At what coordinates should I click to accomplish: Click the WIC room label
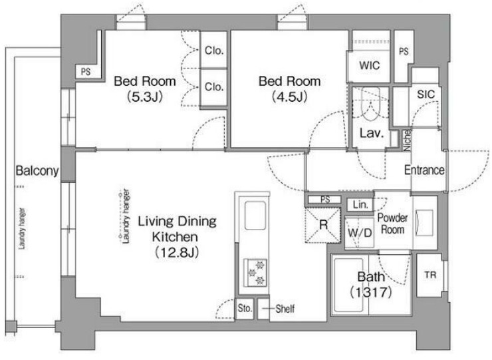[369, 65]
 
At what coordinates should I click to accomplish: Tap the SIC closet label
[426, 94]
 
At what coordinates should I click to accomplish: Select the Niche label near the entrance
[407, 140]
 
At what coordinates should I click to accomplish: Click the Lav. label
[372, 133]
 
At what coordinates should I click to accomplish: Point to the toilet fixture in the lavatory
[370, 106]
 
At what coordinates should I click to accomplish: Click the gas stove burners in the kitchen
[255, 272]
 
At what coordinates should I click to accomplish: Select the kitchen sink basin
[255, 216]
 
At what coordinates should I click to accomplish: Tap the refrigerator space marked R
[323, 225]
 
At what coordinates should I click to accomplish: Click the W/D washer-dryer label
[360, 233]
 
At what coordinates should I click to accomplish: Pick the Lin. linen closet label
[360, 205]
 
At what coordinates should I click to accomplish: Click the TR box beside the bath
[430, 275]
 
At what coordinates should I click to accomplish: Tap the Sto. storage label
[245, 309]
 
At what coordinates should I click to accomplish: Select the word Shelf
[285, 309]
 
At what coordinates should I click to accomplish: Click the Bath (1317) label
[371, 285]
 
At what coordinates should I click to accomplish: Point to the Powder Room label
[392, 224]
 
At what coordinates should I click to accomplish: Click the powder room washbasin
[424, 223]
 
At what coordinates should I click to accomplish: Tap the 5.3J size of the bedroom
[145, 96]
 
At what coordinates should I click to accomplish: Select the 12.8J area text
[177, 252]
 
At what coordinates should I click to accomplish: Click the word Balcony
[37, 170]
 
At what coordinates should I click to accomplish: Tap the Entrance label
[424, 170]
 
